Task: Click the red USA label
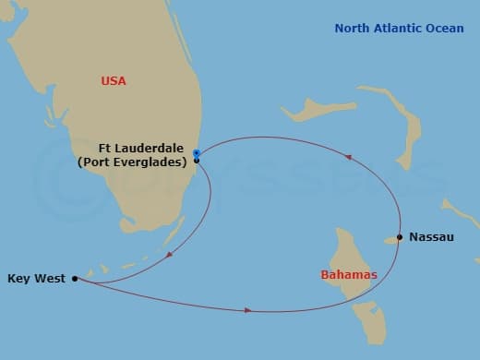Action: coord(113,81)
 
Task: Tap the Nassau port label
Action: coord(432,237)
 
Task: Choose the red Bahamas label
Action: coord(347,275)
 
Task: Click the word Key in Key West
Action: coord(18,277)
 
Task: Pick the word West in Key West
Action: coord(48,277)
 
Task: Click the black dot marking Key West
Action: coord(75,277)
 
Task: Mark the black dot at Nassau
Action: coord(399,237)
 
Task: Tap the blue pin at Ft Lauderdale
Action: coord(196,152)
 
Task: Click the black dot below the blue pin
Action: coord(197,161)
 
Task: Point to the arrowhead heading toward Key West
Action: coord(169,255)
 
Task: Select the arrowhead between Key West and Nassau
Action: coord(248,310)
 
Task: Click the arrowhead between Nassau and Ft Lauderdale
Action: coord(348,158)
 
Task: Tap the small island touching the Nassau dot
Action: coord(390,240)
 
